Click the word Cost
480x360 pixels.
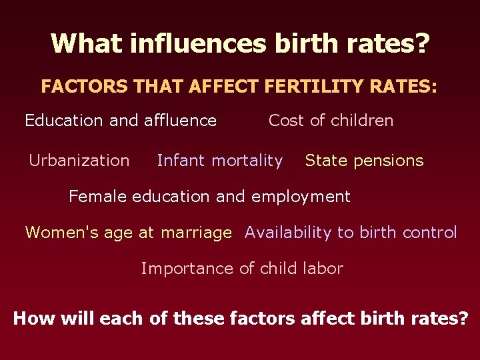pyautogui.click(x=286, y=121)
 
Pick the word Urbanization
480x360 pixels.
pyautogui.click(x=79, y=161)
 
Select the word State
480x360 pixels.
pyautogui.click(x=325, y=161)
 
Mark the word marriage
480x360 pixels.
pyautogui.click(x=197, y=233)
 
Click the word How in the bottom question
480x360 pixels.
pyautogui.click(x=35, y=318)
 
